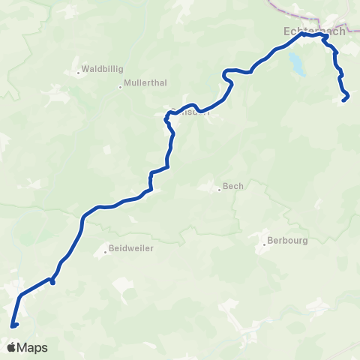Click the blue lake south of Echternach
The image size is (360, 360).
tap(298, 64)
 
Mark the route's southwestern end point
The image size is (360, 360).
tap(13, 325)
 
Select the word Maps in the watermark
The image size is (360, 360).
tap(32, 348)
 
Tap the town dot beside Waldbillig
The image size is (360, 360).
tap(78, 73)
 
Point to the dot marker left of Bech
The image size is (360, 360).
tap(220, 189)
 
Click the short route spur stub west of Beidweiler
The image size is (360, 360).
tap(52, 282)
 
